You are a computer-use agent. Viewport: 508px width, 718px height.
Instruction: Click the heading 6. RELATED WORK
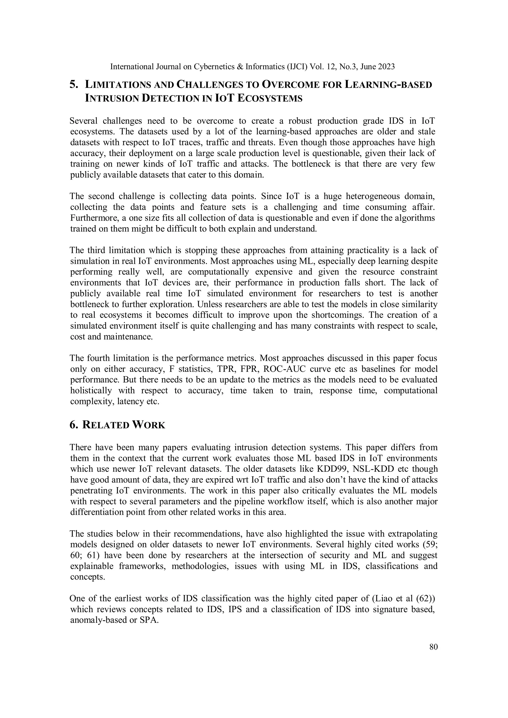tap(117, 425)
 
